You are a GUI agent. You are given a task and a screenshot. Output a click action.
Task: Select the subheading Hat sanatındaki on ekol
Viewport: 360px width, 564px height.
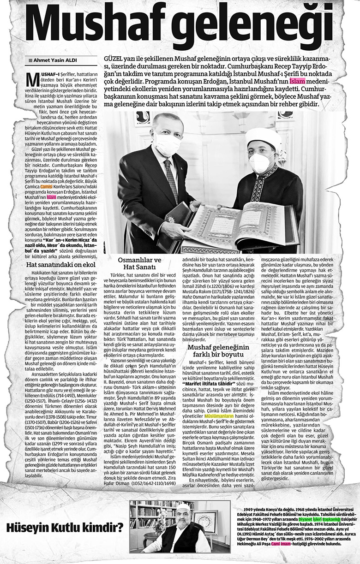pyautogui.click(x=57, y=266)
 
